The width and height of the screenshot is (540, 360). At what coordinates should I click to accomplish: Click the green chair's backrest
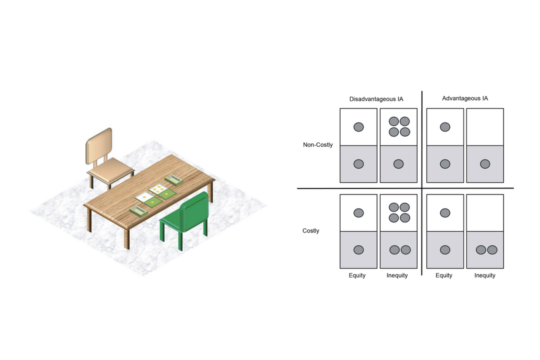(194, 211)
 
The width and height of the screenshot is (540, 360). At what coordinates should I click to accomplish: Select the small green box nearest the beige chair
(173, 180)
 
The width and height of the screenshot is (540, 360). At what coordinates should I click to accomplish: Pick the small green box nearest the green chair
(138, 210)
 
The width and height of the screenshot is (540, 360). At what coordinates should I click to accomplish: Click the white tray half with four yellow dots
(158, 188)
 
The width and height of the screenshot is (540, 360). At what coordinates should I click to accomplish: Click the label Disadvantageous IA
(376, 99)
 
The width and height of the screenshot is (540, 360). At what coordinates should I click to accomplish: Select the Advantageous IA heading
(465, 98)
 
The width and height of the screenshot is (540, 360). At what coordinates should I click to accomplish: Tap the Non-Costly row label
(318, 145)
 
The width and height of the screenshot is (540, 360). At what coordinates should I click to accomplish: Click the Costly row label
(310, 231)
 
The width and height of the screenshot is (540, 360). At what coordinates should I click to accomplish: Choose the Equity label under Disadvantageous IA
(357, 275)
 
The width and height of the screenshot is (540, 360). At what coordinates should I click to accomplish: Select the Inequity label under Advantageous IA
(485, 275)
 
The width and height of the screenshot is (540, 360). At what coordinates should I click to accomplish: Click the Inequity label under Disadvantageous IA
(397, 275)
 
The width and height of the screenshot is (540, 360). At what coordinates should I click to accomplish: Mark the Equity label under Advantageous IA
(443, 275)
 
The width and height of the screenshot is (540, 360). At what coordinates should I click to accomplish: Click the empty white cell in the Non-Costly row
(485, 127)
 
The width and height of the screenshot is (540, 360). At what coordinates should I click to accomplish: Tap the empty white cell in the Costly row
(485, 213)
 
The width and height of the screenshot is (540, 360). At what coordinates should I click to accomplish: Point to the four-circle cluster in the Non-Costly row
(399, 127)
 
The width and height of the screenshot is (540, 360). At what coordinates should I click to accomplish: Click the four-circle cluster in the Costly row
(399, 212)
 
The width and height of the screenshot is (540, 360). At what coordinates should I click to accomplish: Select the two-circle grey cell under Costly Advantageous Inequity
(485, 250)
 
